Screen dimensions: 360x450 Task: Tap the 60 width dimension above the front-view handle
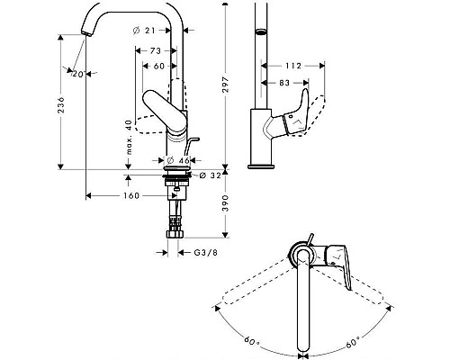[158, 67]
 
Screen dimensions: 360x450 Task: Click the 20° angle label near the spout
[80, 74]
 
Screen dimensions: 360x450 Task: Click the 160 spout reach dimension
[130, 195]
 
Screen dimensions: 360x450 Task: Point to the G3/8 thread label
[206, 253]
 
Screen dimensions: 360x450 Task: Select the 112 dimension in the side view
[292, 65]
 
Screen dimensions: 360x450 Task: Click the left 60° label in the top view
[252, 343]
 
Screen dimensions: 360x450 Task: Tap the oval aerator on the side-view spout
[260, 31]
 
